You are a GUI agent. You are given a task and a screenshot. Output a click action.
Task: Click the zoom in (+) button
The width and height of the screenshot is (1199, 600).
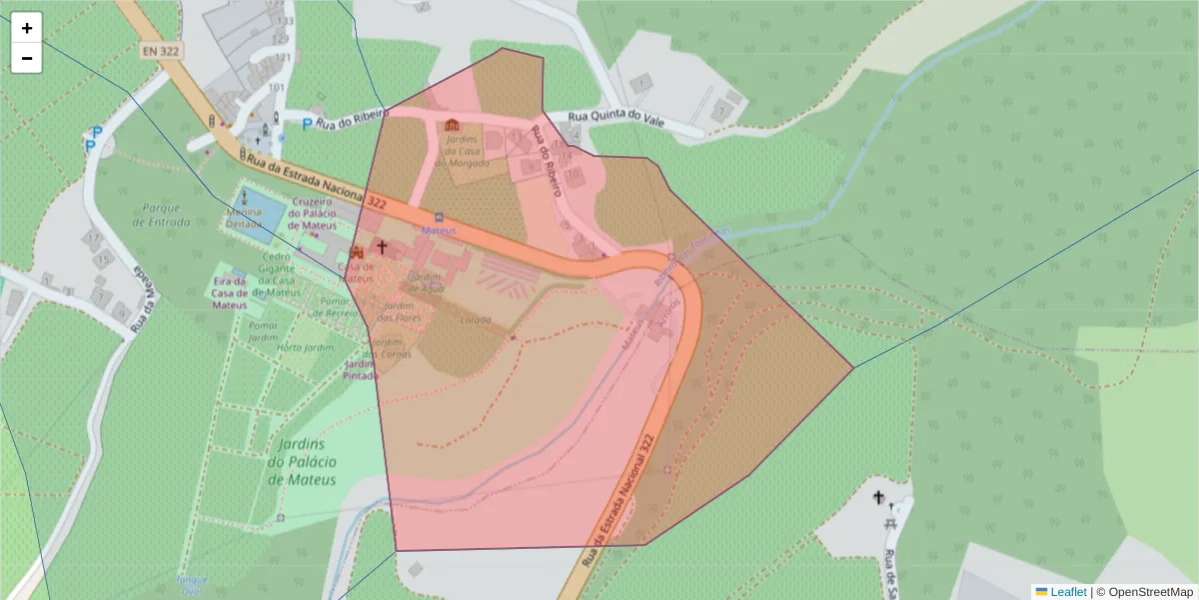27,28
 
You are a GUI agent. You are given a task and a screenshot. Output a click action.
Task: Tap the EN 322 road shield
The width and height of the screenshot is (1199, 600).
160,50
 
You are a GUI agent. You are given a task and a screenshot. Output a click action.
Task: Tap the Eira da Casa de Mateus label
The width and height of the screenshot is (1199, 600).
229,293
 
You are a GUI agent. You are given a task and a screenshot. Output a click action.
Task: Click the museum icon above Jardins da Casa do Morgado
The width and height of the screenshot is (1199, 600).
453,124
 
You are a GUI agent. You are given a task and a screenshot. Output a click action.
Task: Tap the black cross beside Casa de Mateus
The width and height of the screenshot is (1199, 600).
381,245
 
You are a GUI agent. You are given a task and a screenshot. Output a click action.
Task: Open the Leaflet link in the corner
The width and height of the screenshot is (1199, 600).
1068,591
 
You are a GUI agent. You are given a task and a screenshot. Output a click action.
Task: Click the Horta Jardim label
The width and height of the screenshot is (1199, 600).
304,347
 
